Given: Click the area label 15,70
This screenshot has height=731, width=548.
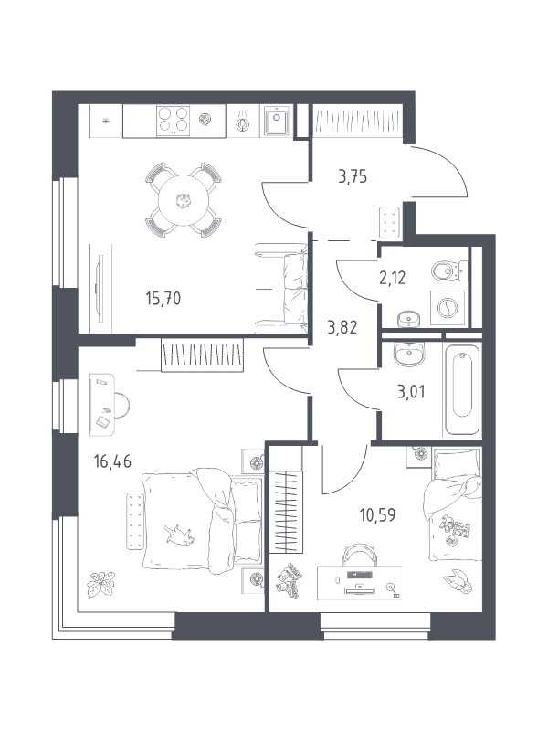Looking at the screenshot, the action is [163, 299].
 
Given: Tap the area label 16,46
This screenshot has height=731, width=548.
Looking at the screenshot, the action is [112, 461].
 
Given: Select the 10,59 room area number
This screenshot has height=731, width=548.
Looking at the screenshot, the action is [377, 515].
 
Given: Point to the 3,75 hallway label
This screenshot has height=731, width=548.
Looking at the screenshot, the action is [353, 177].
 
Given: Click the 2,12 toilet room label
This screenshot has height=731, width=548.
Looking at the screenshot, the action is [393, 278].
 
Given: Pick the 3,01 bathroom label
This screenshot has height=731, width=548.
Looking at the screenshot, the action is [411, 392].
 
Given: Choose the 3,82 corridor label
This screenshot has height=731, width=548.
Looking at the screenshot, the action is [342, 328].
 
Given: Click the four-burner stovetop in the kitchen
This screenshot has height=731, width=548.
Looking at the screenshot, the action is [174, 121].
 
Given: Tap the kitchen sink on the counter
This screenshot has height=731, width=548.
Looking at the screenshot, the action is [277, 121].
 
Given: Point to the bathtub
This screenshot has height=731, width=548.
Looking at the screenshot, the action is [462, 389].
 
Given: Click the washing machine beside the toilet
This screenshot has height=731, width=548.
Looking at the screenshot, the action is [448, 308].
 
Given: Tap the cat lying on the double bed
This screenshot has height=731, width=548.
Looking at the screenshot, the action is [179, 535].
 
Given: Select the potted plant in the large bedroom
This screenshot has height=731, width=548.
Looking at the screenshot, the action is [100, 584].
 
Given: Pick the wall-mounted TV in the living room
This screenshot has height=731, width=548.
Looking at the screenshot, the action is [99, 288].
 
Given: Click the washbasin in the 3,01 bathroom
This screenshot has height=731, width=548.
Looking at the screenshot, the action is [408, 355].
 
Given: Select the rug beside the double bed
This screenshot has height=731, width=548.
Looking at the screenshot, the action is [134, 520].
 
